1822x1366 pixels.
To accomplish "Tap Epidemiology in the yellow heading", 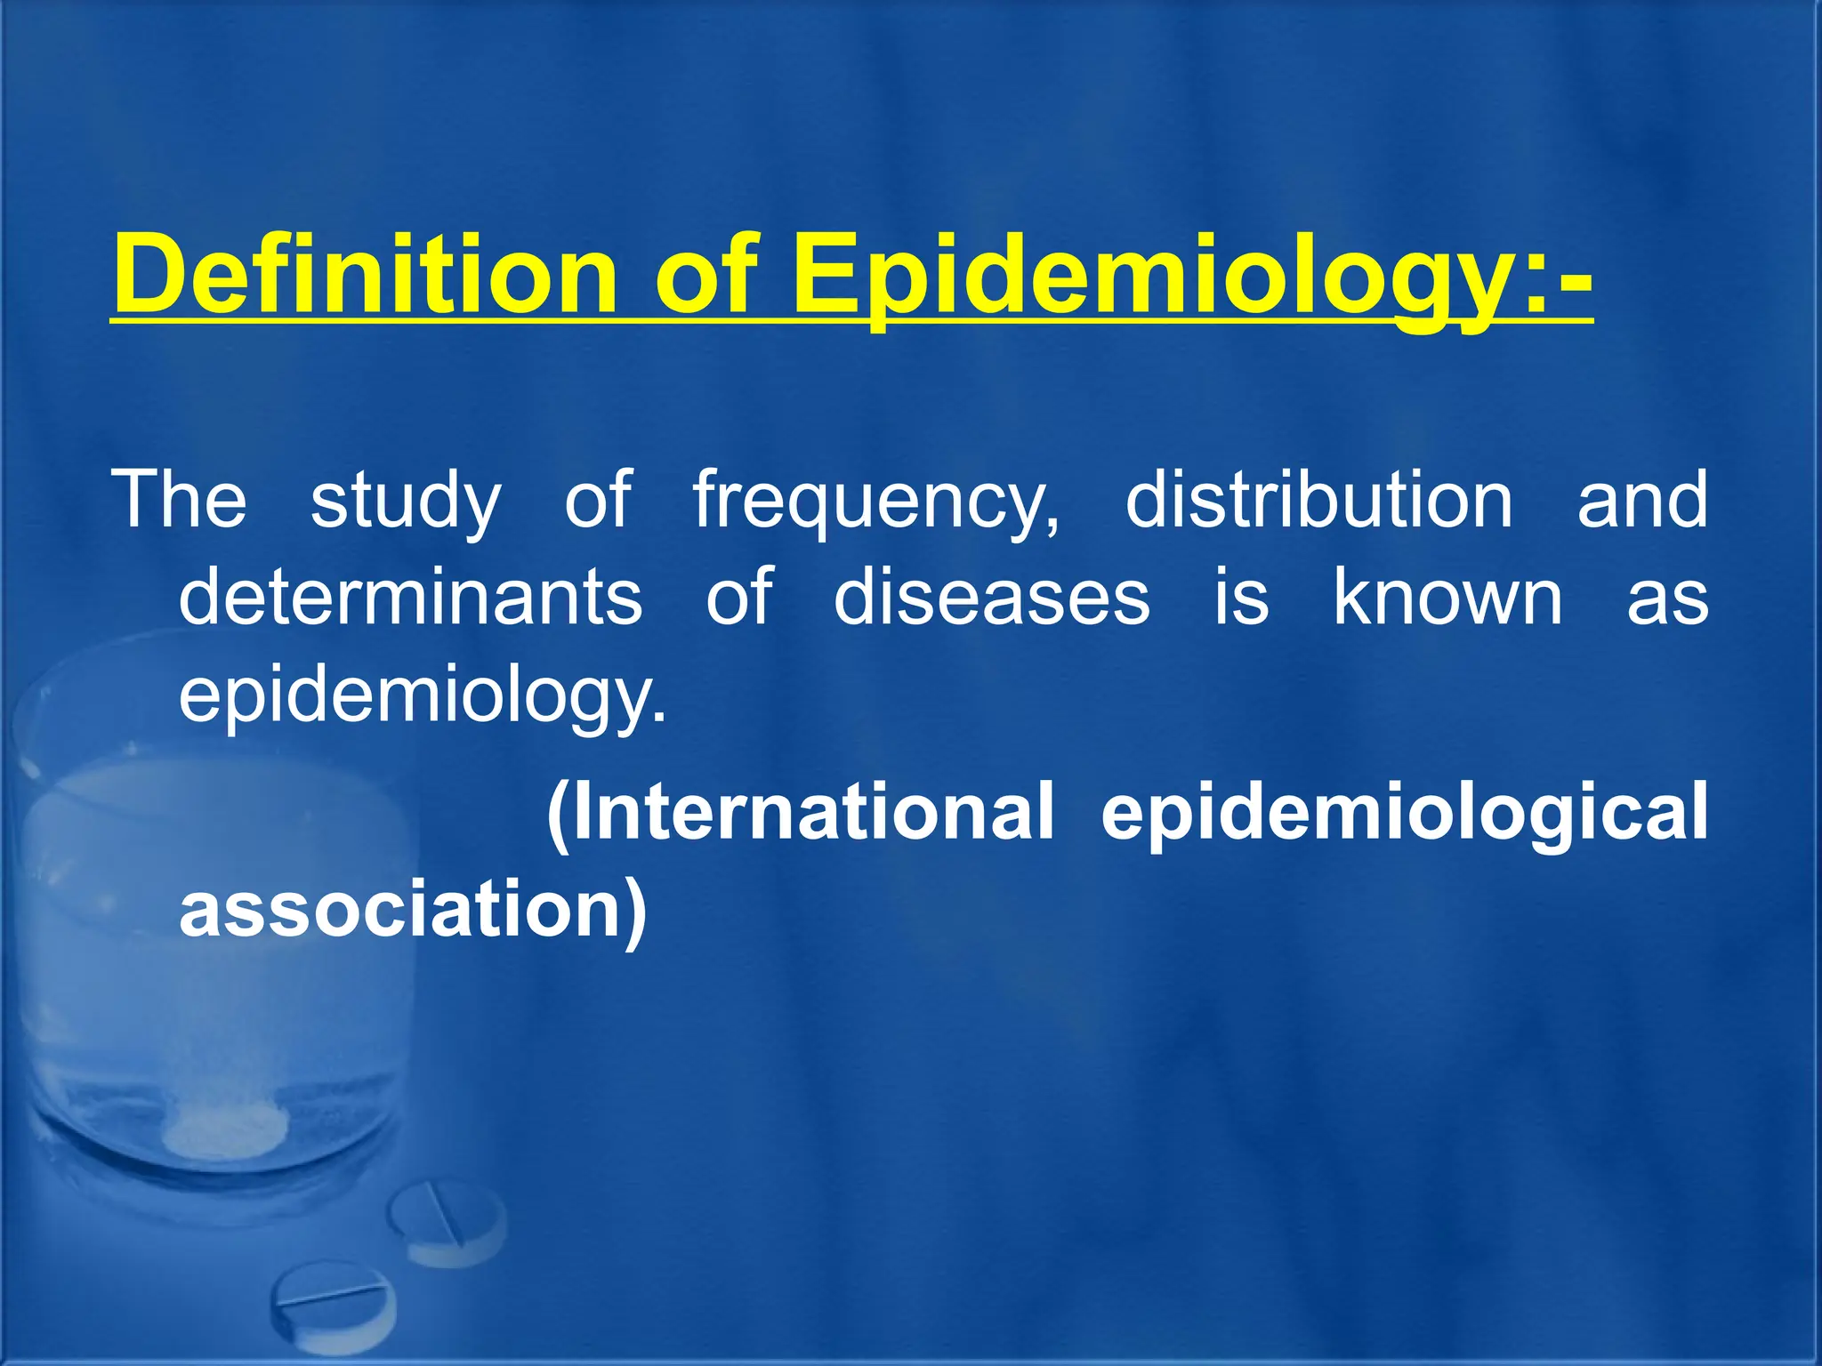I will pos(1192,277).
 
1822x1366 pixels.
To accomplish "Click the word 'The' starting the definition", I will pos(179,499).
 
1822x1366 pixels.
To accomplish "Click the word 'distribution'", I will pos(1319,499).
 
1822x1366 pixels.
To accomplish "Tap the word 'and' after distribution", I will pos(1642,499).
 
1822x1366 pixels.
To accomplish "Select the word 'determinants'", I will pos(411,597).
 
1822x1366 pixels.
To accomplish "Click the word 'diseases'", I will pos(992,597).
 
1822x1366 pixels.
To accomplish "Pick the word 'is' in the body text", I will pos(1242,597).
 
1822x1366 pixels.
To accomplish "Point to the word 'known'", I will pos(1447,597).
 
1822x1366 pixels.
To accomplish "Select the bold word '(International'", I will pos(800,812).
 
